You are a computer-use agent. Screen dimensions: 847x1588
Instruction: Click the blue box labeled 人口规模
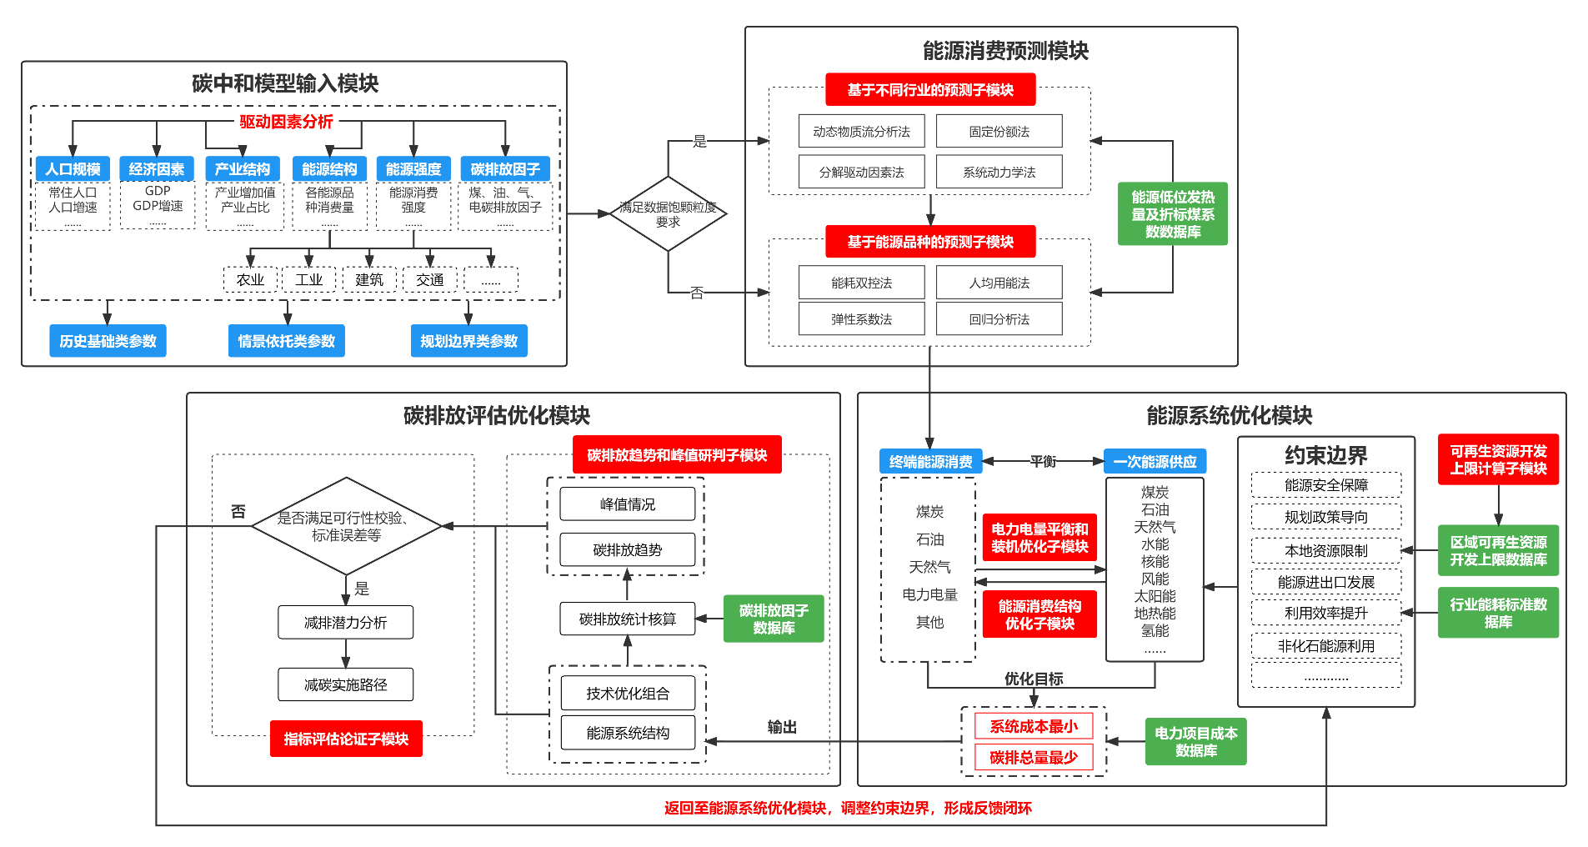(x=73, y=169)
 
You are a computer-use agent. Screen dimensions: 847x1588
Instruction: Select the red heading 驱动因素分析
(x=286, y=122)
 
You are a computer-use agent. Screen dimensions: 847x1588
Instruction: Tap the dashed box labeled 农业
(x=250, y=280)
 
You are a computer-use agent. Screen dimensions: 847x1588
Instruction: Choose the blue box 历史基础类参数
(x=108, y=341)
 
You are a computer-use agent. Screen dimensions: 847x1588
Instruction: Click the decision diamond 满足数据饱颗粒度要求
(x=668, y=214)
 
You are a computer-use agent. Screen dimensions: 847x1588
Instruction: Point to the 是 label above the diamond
(x=699, y=142)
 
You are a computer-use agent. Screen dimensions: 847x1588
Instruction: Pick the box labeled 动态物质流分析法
(x=861, y=132)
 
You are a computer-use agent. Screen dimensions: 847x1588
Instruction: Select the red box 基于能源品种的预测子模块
(x=930, y=242)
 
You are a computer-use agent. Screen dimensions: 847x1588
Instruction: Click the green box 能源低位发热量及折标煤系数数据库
(x=1172, y=214)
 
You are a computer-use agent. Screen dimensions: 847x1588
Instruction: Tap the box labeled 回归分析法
(x=999, y=319)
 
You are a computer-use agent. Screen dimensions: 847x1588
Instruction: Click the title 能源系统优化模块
(x=1229, y=415)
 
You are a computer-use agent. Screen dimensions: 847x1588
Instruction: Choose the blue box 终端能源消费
(x=930, y=462)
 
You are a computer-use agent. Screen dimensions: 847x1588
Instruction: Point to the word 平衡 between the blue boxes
(x=1043, y=461)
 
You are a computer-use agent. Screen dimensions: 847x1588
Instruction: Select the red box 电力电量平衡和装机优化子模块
(x=1039, y=538)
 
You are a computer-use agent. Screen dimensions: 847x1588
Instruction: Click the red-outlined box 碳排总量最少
(x=1034, y=757)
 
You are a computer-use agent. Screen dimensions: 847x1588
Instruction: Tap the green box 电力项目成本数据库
(x=1195, y=742)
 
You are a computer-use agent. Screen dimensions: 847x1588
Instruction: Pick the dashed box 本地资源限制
(x=1325, y=551)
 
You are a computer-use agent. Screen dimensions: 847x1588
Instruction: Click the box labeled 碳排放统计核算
(x=627, y=619)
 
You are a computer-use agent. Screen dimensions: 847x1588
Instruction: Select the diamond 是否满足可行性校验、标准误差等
(x=346, y=526)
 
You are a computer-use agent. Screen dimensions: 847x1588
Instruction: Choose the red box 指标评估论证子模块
(x=346, y=739)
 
